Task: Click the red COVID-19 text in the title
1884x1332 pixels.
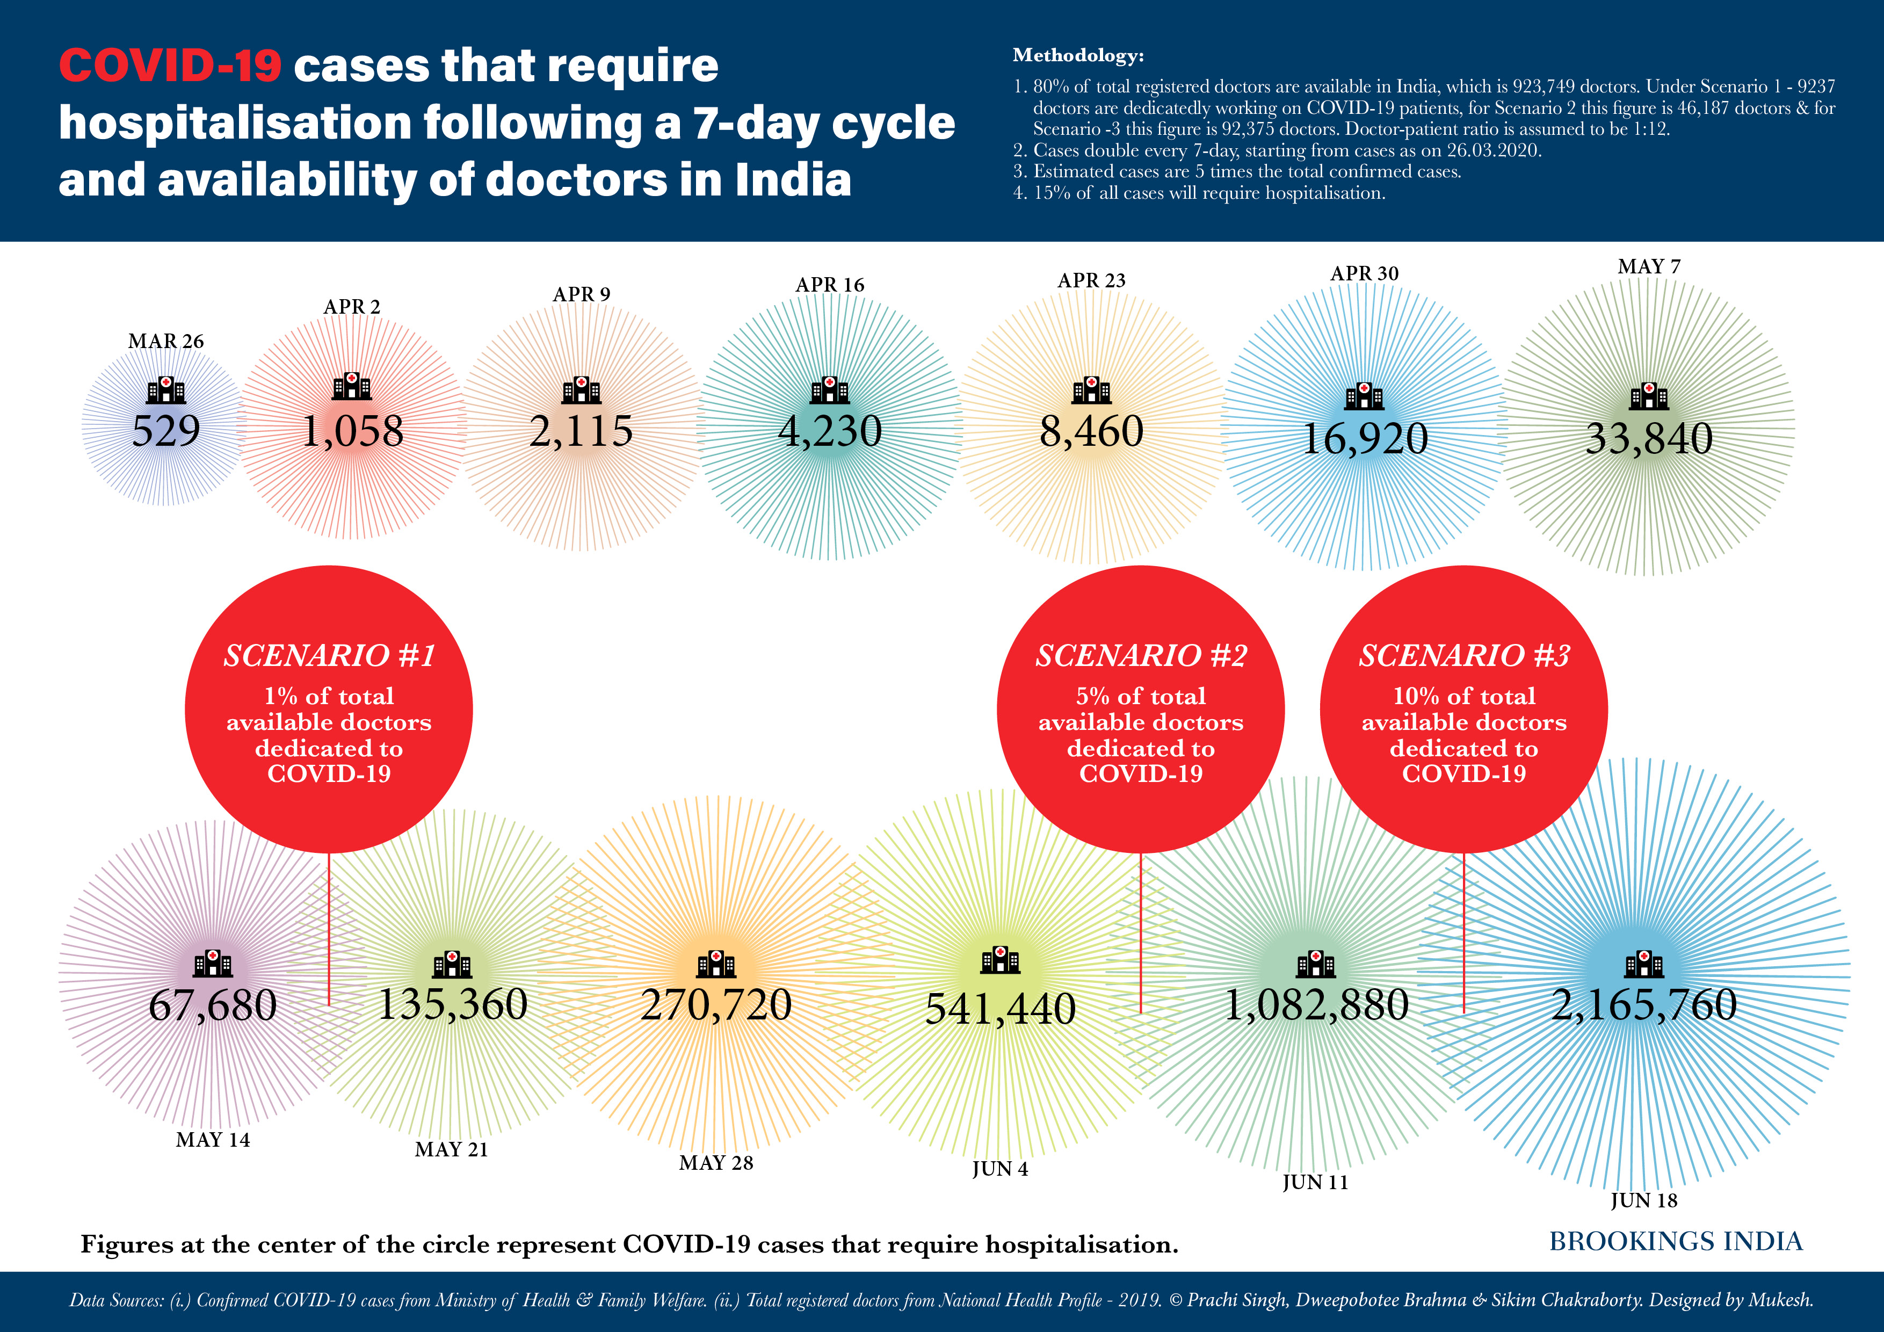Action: pyautogui.click(x=170, y=66)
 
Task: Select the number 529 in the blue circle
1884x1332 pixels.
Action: pyautogui.click(x=166, y=431)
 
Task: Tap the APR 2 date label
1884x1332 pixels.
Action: pyautogui.click(x=352, y=307)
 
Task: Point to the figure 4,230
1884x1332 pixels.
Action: pyautogui.click(x=830, y=431)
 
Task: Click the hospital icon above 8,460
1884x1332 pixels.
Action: pyautogui.click(x=1091, y=390)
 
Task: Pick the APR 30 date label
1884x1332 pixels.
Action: pyautogui.click(x=1365, y=273)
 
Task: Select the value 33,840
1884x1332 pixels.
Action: pyautogui.click(x=1649, y=438)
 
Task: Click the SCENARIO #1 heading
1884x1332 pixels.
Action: pyautogui.click(x=329, y=656)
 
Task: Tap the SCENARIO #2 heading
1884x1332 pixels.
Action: pyautogui.click(x=1141, y=656)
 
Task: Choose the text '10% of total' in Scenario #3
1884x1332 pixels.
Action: pyautogui.click(x=1464, y=696)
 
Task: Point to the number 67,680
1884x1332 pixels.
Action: pyautogui.click(x=213, y=1005)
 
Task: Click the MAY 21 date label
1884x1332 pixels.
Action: pyautogui.click(x=451, y=1149)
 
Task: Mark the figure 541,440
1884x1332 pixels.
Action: pyautogui.click(x=1000, y=1009)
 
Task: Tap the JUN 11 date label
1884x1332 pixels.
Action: pyautogui.click(x=1315, y=1182)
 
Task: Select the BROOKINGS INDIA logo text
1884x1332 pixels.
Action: pyautogui.click(x=1676, y=1241)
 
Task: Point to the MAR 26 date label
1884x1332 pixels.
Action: pyautogui.click(x=166, y=341)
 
